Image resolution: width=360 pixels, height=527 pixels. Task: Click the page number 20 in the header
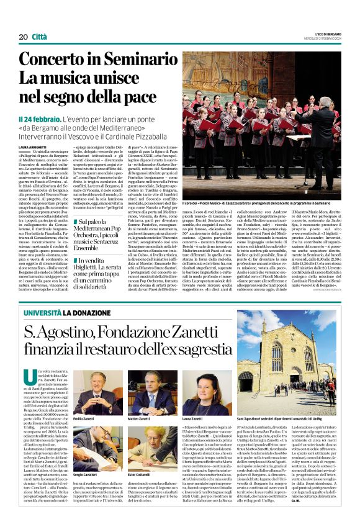23,37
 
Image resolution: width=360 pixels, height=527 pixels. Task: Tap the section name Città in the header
39,37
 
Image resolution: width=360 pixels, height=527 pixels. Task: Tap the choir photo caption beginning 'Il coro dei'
261,203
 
